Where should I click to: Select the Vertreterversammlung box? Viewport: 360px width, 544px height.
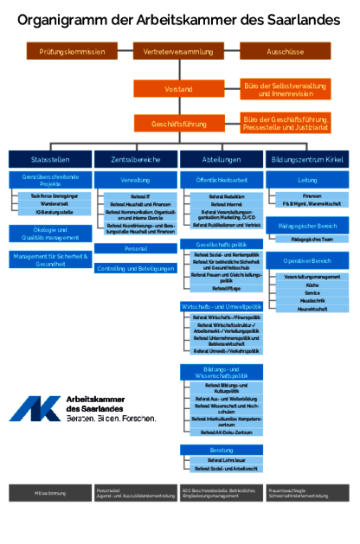click(x=179, y=52)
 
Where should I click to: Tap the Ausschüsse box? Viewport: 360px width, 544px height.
click(x=286, y=52)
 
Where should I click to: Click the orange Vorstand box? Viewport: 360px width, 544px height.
click(x=179, y=89)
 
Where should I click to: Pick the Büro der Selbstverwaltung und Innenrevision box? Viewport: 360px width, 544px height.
click(x=286, y=89)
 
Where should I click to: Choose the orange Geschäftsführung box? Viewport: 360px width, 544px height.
click(x=179, y=124)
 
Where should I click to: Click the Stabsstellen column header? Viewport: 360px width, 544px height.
click(x=50, y=160)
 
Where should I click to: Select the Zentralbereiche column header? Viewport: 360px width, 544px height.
click(x=136, y=160)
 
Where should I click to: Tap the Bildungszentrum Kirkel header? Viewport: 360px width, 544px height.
click(x=309, y=160)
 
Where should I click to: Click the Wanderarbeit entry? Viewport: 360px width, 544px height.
click(x=55, y=204)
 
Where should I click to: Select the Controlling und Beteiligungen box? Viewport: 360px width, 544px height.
click(x=136, y=269)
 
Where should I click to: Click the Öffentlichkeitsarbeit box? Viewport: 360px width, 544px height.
click(x=222, y=180)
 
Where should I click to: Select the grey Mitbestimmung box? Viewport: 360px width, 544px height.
click(x=50, y=494)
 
